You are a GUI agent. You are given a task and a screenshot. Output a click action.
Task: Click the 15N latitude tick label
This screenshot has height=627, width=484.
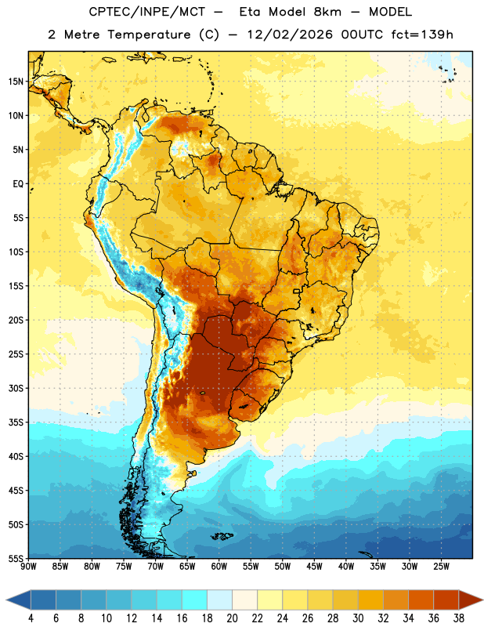click(15, 82)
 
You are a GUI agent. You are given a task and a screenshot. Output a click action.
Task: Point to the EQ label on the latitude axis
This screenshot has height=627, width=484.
click(18, 184)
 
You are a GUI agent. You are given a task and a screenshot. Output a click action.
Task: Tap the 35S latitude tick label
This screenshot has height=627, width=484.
click(16, 422)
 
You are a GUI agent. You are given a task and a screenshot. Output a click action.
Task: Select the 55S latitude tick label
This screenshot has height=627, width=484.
click(16, 558)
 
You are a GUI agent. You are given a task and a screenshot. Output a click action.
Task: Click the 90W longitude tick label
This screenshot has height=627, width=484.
click(28, 567)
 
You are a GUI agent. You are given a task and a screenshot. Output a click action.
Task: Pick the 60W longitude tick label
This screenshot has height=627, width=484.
click(219, 567)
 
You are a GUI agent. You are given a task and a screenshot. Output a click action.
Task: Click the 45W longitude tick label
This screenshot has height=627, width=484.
click(314, 567)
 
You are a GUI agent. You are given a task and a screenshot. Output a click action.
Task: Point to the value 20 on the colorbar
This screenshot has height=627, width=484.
click(232, 618)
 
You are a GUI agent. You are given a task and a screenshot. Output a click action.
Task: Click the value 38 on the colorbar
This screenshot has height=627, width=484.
click(459, 618)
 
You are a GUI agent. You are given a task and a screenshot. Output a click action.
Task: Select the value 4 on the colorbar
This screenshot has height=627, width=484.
click(31, 618)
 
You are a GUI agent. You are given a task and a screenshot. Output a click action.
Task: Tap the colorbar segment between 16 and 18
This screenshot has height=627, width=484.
click(195, 600)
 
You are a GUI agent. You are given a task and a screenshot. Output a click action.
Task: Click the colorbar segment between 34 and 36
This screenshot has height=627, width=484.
click(421, 600)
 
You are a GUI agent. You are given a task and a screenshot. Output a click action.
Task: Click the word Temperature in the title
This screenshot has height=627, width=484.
click(149, 34)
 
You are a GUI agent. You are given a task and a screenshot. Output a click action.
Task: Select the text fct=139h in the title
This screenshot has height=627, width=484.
click(422, 34)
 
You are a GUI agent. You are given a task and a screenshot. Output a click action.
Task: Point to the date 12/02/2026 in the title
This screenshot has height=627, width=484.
click(290, 34)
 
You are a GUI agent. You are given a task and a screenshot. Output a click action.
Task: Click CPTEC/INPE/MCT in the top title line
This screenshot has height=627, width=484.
click(146, 12)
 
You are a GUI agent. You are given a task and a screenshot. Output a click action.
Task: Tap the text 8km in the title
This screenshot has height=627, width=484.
click(327, 12)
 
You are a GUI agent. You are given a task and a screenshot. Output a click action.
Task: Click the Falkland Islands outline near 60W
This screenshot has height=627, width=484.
click(222, 536)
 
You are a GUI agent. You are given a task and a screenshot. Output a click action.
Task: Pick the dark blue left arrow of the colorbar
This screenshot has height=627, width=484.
click(18, 600)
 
